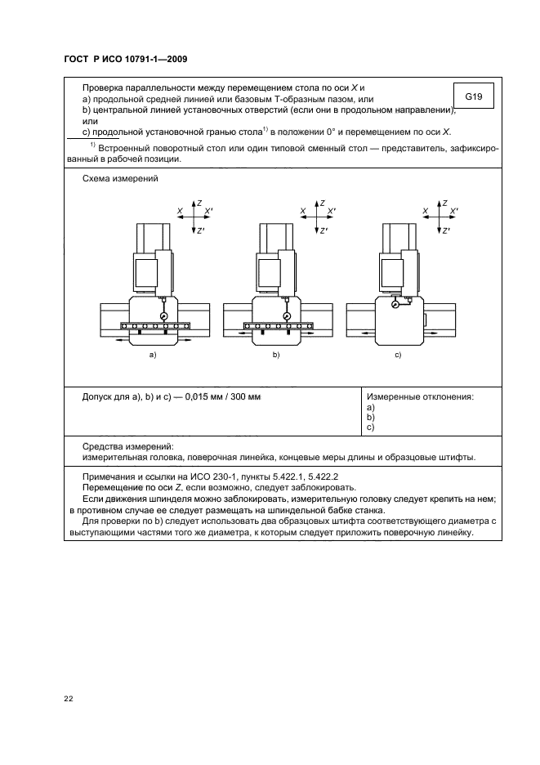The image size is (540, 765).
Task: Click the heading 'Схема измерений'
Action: (120, 178)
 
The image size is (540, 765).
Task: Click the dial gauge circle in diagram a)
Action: (163, 315)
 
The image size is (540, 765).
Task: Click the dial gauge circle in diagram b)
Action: (286, 315)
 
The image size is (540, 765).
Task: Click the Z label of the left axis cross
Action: (199, 202)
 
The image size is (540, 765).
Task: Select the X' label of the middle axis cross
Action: (332, 211)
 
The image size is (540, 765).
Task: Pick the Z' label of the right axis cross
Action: (447, 231)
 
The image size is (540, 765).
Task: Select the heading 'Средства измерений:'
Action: (128, 446)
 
